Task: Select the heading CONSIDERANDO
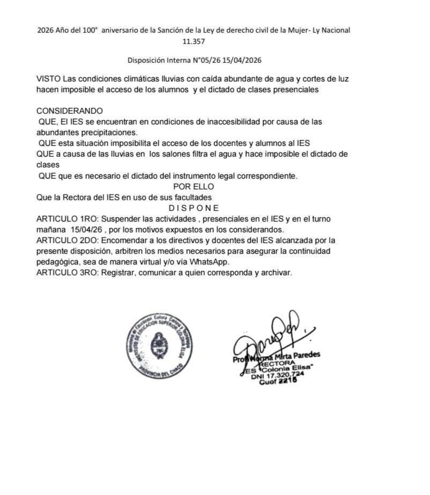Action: pyautogui.click(x=69, y=111)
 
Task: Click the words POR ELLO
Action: pyautogui.click(x=194, y=186)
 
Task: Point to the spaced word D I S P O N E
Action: pyautogui.click(x=194, y=208)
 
